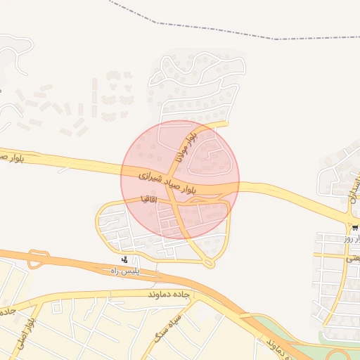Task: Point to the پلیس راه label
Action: [x=127, y=270]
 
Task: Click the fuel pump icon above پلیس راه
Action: [x=125, y=259]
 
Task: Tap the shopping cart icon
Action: [x=355, y=228]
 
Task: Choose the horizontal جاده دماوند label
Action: [x=169, y=294]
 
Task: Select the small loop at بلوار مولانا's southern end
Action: [x=209, y=263]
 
